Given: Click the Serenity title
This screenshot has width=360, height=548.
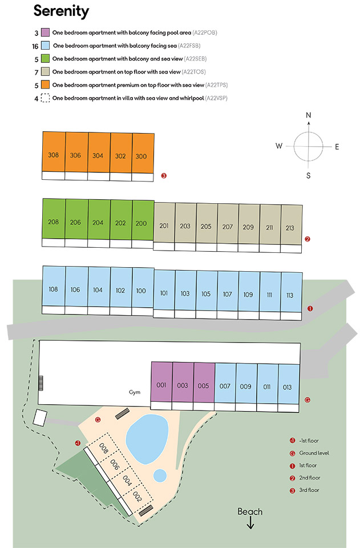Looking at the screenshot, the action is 61,11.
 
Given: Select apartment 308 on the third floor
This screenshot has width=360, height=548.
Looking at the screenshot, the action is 54,152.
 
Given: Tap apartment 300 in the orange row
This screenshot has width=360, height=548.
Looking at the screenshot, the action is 143,153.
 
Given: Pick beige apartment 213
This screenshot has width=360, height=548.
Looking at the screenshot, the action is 292,225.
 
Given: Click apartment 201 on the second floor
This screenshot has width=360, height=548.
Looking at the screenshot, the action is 164,222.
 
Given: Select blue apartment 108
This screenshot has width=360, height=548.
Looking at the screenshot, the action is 54,286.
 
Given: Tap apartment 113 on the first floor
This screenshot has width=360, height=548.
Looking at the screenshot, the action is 292,292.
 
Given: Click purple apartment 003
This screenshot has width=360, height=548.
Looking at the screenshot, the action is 183,382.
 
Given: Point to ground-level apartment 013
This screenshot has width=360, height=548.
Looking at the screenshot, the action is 289,384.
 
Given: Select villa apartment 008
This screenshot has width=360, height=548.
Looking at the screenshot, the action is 103,449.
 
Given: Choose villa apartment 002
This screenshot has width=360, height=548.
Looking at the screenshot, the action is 137,497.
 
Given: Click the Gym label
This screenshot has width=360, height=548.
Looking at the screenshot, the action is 135,392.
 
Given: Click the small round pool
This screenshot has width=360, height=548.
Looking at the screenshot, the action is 160,476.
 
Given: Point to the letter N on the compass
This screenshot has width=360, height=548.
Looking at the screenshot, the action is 308,115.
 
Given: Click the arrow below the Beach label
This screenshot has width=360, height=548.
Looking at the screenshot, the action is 250,523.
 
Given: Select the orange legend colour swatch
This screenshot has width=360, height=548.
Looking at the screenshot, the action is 45,84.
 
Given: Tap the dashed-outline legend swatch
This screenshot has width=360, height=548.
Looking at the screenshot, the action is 45,98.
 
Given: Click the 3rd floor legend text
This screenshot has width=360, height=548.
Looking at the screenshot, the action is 309,490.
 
